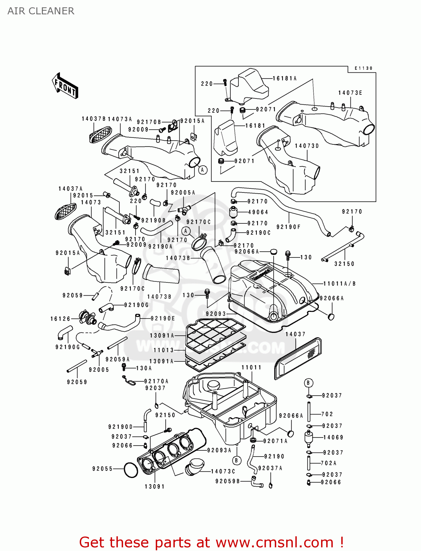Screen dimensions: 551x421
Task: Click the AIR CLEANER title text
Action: coord(41,11)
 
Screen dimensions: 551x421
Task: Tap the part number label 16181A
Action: coord(284,78)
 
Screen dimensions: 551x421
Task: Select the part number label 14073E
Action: coord(350,93)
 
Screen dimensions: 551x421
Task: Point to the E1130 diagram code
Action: coord(363,68)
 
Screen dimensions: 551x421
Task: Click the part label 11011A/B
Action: coord(339,284)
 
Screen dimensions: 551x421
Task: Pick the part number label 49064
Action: coord(258,212)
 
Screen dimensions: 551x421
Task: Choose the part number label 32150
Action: coord(344,264)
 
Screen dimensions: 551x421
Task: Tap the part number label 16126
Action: coord(60,319)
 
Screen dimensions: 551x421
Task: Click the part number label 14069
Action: coord(333,437)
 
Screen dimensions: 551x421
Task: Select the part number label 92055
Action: coord(102,469)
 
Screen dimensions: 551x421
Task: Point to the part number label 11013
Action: coord(163,350)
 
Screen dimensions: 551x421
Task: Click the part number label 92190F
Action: coord(288,227)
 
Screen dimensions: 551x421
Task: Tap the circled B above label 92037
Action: coord(308,383)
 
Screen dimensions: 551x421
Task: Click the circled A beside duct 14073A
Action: coord(202,170)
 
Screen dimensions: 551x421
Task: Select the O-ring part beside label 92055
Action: coord(131,470)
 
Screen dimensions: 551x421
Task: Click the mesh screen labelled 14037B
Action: coord(100,135)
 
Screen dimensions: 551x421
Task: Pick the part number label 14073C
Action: coord(223,471)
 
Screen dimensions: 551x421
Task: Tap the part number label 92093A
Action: coord(219,450)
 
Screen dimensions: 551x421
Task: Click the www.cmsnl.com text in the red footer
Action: coord(274,542)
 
